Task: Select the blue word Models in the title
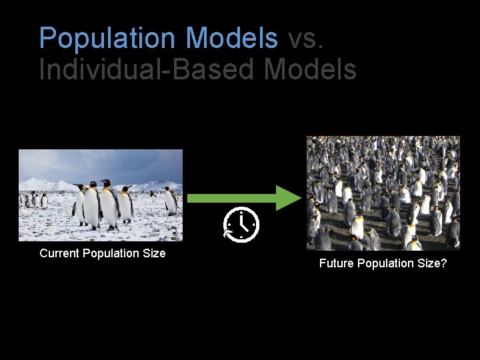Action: click(x=232, y=38)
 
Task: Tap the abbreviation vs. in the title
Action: click(x=305, y=38)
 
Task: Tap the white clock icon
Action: click(x=241, y=224)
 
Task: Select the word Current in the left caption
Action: click(x=59, y=253)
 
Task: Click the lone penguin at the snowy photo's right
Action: click(x=171, y=201)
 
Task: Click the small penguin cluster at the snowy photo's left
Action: click(x=33, y=200)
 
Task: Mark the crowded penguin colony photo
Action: click(x=383, y=193)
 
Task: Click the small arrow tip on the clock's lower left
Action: click(x=227, y=233)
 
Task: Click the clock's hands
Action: click(x=243, y=223)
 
